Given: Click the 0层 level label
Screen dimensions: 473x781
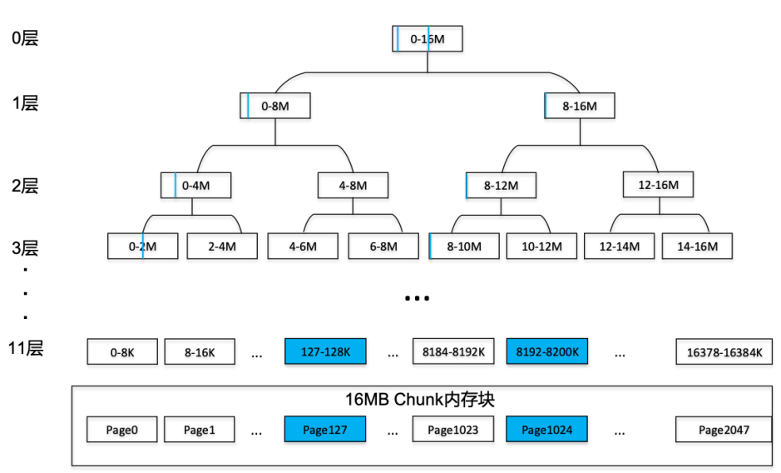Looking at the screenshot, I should click(25, 38).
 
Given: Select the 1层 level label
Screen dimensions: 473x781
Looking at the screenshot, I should click(25, 103).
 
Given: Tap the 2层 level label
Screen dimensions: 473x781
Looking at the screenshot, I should click(25, 186).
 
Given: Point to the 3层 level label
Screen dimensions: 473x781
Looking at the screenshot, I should click(25, 248).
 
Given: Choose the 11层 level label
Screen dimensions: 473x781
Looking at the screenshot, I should click(25, 348).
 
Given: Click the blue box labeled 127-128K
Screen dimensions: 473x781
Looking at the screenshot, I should click(325, 352).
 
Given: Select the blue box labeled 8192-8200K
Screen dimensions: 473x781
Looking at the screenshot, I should click(548, 352).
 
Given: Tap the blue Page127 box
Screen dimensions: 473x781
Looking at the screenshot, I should click(325, 430).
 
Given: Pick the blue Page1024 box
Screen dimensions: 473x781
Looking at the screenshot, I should click(546, 430).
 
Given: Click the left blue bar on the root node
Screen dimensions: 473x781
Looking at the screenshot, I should click(398, 38).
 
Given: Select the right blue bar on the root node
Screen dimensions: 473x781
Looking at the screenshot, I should click(428, 38).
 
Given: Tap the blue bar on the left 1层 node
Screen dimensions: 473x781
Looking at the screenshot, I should click(248, 106).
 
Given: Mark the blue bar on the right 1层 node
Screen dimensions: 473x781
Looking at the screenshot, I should click(546, 105).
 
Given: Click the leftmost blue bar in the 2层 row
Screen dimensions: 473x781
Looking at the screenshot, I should click(175, 185).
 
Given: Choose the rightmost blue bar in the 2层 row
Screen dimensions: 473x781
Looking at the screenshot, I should click(467, 186).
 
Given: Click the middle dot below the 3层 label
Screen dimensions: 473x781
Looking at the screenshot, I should click(26, 293).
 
